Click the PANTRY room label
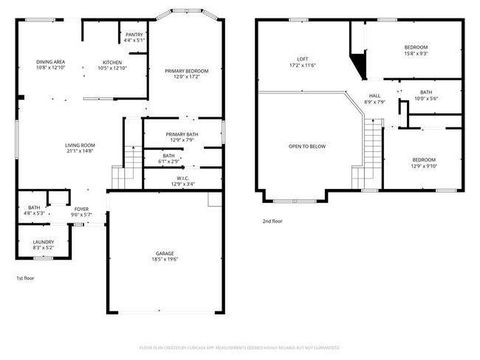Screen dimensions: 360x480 134,35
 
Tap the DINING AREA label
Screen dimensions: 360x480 51,62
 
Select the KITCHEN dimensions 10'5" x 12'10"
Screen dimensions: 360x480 112,68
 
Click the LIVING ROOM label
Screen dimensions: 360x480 80,145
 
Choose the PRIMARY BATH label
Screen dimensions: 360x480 181,134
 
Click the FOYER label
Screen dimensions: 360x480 81,209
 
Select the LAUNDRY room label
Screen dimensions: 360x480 43,242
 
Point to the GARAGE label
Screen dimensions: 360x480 165,254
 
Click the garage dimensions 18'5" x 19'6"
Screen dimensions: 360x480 165,260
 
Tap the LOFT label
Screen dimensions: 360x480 302,59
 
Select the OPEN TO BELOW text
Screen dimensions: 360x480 306,146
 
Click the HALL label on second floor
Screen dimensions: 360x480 375,96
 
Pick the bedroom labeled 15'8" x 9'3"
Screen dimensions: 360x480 416,50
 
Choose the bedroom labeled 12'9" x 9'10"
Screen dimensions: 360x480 423,163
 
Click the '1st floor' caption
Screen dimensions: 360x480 25,278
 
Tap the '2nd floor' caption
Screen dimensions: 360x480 272,221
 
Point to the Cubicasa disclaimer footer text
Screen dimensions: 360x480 239,347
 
